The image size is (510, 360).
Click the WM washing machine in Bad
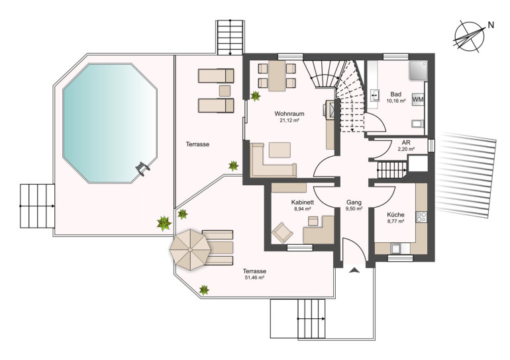[418, 99]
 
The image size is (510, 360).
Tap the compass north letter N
[491, 24]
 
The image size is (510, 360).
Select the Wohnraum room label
[289, 114]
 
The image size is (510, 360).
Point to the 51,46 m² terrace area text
[254, 277]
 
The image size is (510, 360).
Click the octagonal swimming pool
[110, 123]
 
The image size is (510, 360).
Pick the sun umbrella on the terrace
[190, 249]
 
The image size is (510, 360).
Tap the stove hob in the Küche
[421, 216]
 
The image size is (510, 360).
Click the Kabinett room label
[303, 202]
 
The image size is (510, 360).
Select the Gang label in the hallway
[354, 202]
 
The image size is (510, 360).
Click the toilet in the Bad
[418, 124]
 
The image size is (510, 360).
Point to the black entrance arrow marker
[354, 270]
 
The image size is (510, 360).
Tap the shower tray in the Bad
[418, 71]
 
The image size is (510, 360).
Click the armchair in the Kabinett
[282, 232]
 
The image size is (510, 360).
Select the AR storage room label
[406, 143]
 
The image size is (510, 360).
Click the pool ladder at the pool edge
[143, 168]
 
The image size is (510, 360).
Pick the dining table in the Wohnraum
[277, 75]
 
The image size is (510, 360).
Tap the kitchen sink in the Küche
[396, 249]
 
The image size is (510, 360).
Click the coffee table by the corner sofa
[280, 150]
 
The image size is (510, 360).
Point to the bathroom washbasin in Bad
[374, 95]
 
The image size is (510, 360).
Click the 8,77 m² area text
[395, 221]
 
